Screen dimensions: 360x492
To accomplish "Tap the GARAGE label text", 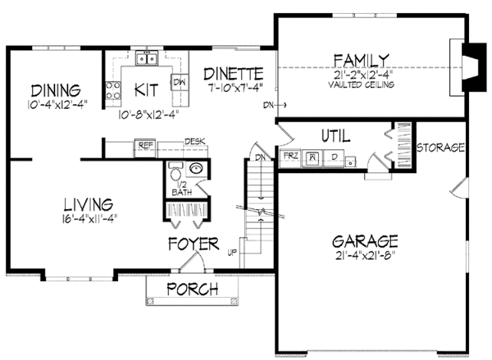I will pos(365,242).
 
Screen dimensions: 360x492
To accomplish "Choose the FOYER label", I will pos(194,244).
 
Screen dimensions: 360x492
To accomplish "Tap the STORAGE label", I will pos(441,148).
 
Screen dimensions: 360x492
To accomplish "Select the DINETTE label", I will pos(234,72).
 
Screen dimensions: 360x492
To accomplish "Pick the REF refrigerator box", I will pos(146,148).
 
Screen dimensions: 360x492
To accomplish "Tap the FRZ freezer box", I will pos(289,156).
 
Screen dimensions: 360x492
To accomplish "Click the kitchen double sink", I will pos(148,58).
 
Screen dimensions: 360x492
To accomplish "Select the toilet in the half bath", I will pos(174,176).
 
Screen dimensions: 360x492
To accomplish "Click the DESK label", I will pos(194,141).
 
